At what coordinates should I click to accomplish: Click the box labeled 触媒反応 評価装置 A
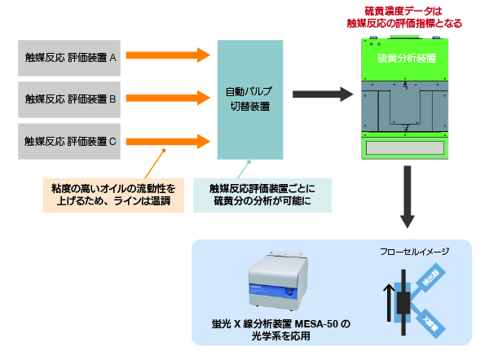(x=71, y=58)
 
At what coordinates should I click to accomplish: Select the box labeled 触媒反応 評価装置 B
(x=71, y=99)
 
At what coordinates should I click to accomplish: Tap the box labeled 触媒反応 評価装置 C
(x=71, y=141)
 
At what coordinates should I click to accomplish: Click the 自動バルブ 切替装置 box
(x=248, y=99)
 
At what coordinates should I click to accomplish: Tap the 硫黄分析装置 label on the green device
(x=405, y=59)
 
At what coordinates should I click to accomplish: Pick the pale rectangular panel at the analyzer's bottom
(x=404, y=149)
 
